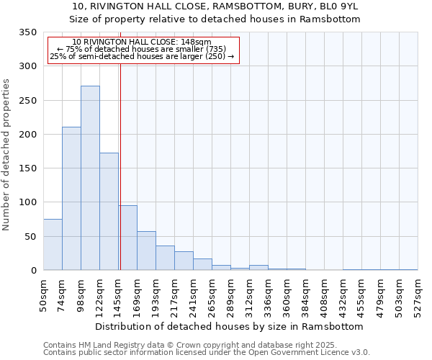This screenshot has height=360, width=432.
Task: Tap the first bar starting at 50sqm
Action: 53,245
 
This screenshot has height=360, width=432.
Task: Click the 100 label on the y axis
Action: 27,202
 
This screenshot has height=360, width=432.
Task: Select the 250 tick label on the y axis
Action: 27,101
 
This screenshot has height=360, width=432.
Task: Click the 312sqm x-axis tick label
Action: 249,294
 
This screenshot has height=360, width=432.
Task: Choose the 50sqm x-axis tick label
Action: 43,294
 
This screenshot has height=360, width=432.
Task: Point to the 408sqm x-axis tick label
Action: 324,294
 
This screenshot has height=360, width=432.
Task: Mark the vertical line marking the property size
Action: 120,166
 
